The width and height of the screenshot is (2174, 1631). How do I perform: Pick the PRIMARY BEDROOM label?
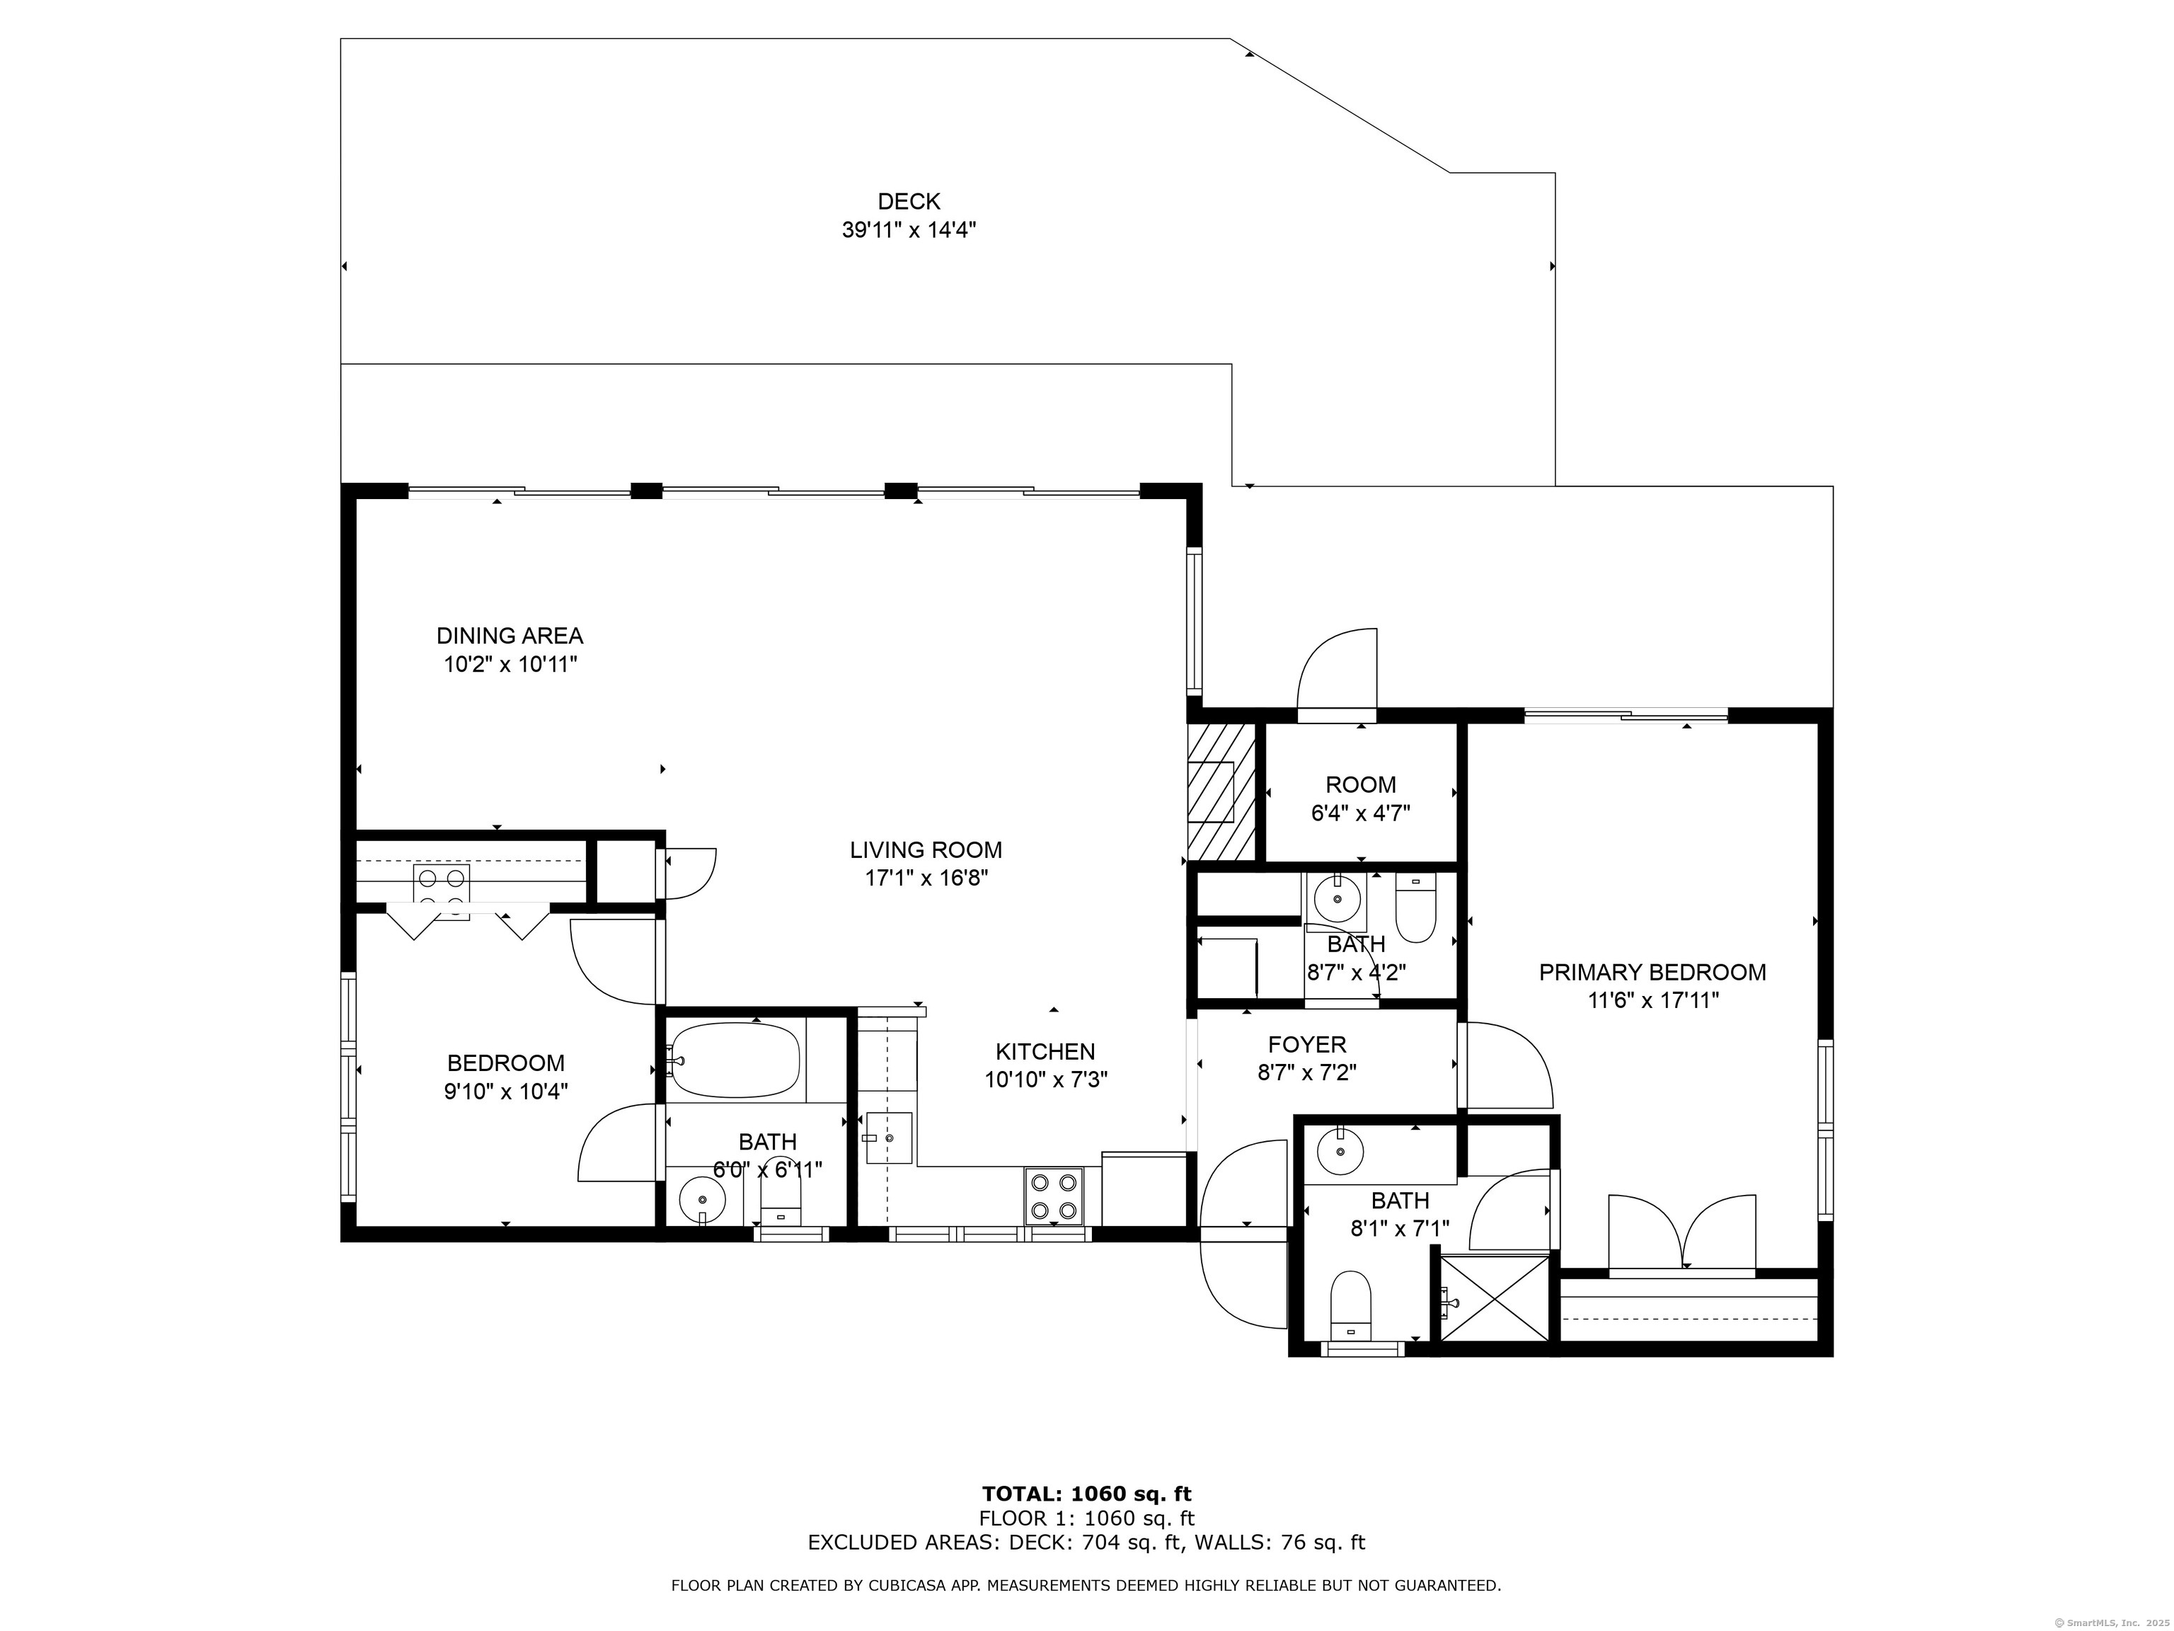pos(1652,973)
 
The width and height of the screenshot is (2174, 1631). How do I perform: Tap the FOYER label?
pos(1307,1044)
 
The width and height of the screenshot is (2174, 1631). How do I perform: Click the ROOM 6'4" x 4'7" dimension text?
pos(1360,813)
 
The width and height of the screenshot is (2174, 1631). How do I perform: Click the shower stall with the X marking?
pos(1495,1297)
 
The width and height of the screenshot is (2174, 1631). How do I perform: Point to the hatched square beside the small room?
pos(1221,791)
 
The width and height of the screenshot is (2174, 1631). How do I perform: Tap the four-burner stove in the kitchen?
pos(1054,1196)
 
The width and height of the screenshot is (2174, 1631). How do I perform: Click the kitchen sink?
pos(887,1138)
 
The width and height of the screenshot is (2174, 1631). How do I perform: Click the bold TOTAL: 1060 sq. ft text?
pos(1086,1494)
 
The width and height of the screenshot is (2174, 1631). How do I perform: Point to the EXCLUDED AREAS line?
pos(1086,1543)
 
